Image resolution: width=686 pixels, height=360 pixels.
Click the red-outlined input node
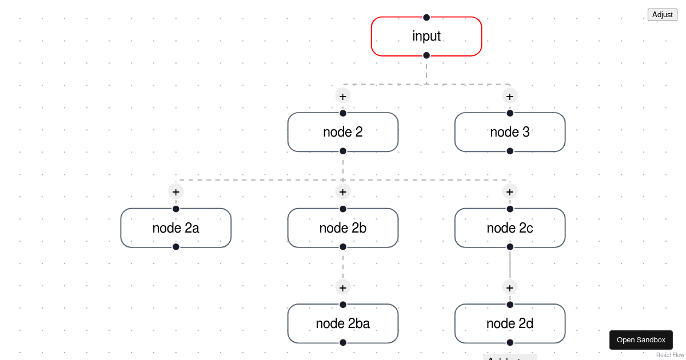pyautogui.click(x=426, y=37)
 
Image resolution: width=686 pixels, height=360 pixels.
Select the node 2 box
pyautogui.click(x=343, y=132)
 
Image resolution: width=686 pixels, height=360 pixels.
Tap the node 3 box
pyautogui.click(x=510, y=132)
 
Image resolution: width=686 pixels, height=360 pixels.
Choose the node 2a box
pyautogui.click(x=176, y=228)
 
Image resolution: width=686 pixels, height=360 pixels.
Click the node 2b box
pyautogui.click(x=343, y=228)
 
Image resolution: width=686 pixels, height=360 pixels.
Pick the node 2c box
pyautogui.click(x=510, y=228)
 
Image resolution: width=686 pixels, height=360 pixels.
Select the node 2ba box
pyautogui.click(x=343, y=323)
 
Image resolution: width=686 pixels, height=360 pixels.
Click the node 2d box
pyautogui.click(x=510, y=323)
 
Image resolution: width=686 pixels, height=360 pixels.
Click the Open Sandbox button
pyautogui.click(x=641, y=340)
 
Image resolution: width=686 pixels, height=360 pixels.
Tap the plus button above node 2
pyautogui.click(x=343, y=96)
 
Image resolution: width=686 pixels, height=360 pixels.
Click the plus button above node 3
pyautogui.click(x=510, y=96)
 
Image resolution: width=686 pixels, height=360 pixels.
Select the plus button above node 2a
pyautogui.click(x=176, y=191)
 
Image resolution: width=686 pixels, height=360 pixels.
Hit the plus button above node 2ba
pyautogui.click(x=343, y=287)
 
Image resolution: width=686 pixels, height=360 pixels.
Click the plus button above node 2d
pyautogui.click(x=510, y=287)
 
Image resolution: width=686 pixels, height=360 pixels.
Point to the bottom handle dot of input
pyautogui.click(x=426, y=55)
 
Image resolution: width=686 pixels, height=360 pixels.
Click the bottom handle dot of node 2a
pyautogui.click(x=176, y=247)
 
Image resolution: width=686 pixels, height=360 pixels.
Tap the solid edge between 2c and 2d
pyautogui.click(x=510, y=265)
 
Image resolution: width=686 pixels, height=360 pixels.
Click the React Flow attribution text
pyautogui.click(x=670, y=355)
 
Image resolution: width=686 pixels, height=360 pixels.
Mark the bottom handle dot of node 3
pyautogui.click(x=510, y=151)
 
